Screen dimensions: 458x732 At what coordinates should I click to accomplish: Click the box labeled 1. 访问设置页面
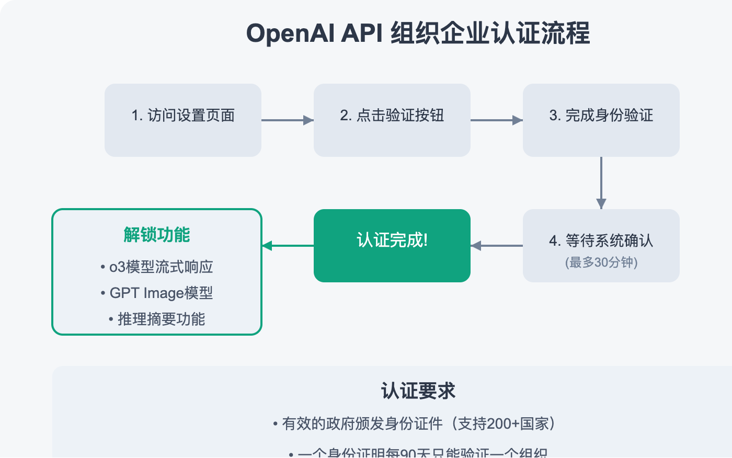[183, 120]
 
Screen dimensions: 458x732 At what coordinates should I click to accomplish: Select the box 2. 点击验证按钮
[392, 120]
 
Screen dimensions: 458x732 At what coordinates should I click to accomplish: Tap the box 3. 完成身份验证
[601, 120]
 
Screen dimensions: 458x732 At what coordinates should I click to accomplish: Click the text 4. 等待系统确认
[601, 241]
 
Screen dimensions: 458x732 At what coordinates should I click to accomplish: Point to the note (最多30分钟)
[601, 262]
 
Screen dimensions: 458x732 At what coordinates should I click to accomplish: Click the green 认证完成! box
[392, 245]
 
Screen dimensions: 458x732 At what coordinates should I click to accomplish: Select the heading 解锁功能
[157, 235]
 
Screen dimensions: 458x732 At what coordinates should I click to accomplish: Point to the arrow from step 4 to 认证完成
[497, 246]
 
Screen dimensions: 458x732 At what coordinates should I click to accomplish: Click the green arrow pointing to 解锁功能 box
[288, 246]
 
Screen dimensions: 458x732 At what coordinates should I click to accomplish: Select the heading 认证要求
[418, 391]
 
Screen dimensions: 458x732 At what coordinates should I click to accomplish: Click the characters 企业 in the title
[465, 33]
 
